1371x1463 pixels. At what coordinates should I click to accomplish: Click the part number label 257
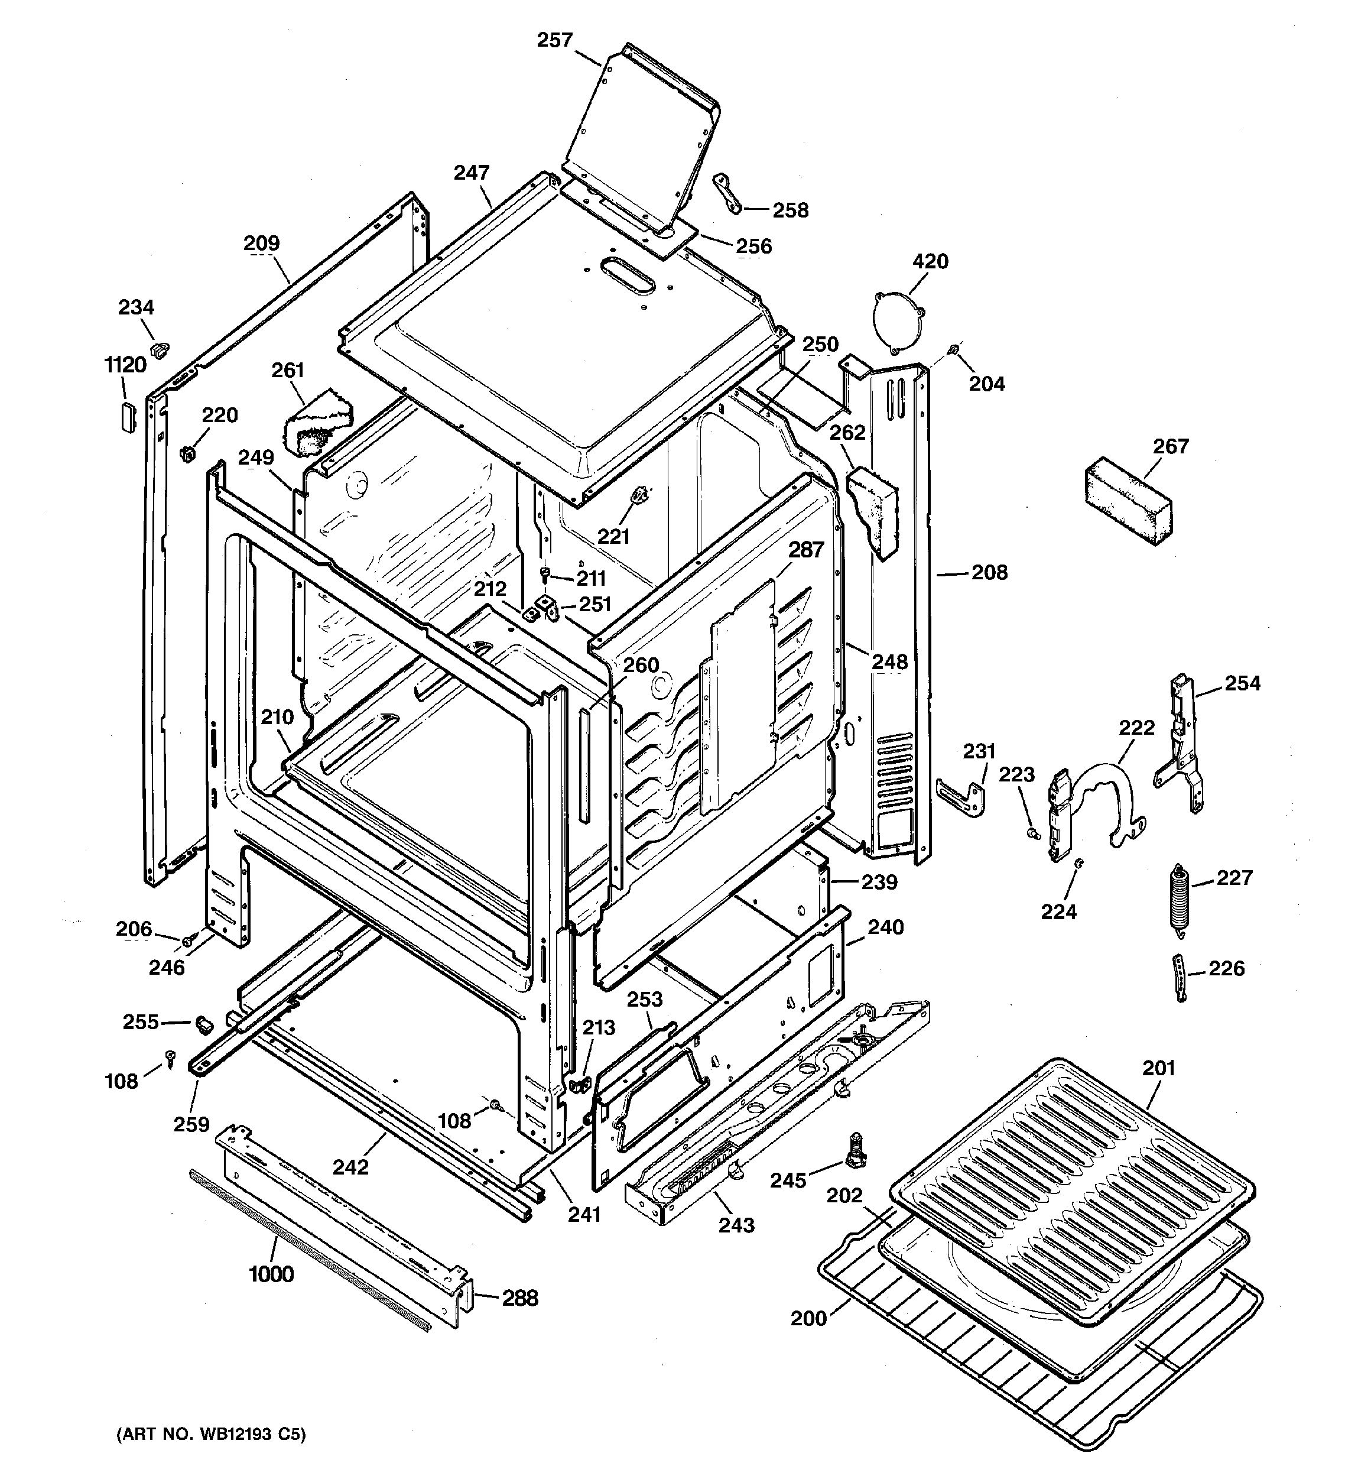tap(554, 40)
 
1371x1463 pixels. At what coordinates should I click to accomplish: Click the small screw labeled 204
tap(954, 348)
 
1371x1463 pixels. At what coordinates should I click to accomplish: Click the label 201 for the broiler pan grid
tap(1159, 1068)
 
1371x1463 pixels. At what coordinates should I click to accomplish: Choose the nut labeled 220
tap(187, 453)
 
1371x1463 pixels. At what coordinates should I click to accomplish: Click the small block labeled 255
tap(204, 1023)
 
